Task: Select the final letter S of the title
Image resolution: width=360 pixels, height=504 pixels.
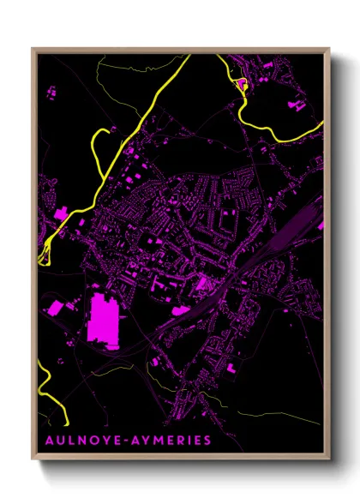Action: point(207,441)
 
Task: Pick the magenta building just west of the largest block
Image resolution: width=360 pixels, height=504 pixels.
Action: point(55,307)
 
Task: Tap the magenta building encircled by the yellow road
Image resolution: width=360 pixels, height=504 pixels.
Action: point(242,83)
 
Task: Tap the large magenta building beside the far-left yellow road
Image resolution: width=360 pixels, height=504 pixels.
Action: point(63,212)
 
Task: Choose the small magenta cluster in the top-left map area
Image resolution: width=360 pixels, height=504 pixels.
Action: point(49,90)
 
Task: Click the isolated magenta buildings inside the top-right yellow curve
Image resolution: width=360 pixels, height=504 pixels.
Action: point(297,105)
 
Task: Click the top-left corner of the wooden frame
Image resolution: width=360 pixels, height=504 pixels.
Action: point(33,48)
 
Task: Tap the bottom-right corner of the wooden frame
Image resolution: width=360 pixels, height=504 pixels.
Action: point(328,459)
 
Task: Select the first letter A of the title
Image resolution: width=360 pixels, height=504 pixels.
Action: point(45,441)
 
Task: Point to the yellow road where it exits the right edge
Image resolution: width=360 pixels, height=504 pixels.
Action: point(321,126)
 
